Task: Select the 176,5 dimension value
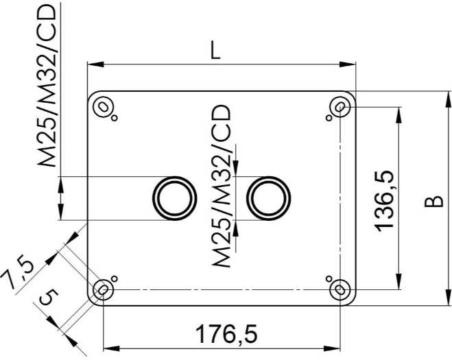click(x=226, y=334)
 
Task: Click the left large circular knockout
click(x=175, y=198)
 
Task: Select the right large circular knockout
click(x=268, y=198)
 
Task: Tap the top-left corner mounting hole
click(x=103, y=107)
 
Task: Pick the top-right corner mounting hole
click(x=340, y=107)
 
